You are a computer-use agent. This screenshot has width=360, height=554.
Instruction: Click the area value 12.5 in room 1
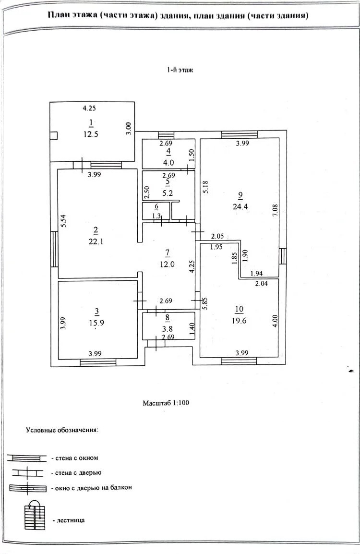[91, 134]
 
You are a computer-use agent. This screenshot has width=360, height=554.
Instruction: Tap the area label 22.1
[96, 241]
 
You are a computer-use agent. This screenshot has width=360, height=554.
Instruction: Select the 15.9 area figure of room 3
[97, 323]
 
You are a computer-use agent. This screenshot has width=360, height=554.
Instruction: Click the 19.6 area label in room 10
[239, 321]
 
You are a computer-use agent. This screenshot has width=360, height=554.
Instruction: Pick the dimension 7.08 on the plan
[276, 211]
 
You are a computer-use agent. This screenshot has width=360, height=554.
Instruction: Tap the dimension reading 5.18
[205, 187]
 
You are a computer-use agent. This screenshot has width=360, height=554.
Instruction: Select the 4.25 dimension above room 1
[89, 108]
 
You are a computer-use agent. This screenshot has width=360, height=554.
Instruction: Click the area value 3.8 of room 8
[167, 329]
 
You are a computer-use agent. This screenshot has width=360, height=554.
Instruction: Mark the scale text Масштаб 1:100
[166, 403]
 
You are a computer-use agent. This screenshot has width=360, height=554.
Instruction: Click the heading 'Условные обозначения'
[62, 431]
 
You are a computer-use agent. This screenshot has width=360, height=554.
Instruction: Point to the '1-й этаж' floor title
[180, 70]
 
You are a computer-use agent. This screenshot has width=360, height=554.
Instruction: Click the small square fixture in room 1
[54, 136]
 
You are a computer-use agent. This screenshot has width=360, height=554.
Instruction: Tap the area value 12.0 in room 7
[167, 264]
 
